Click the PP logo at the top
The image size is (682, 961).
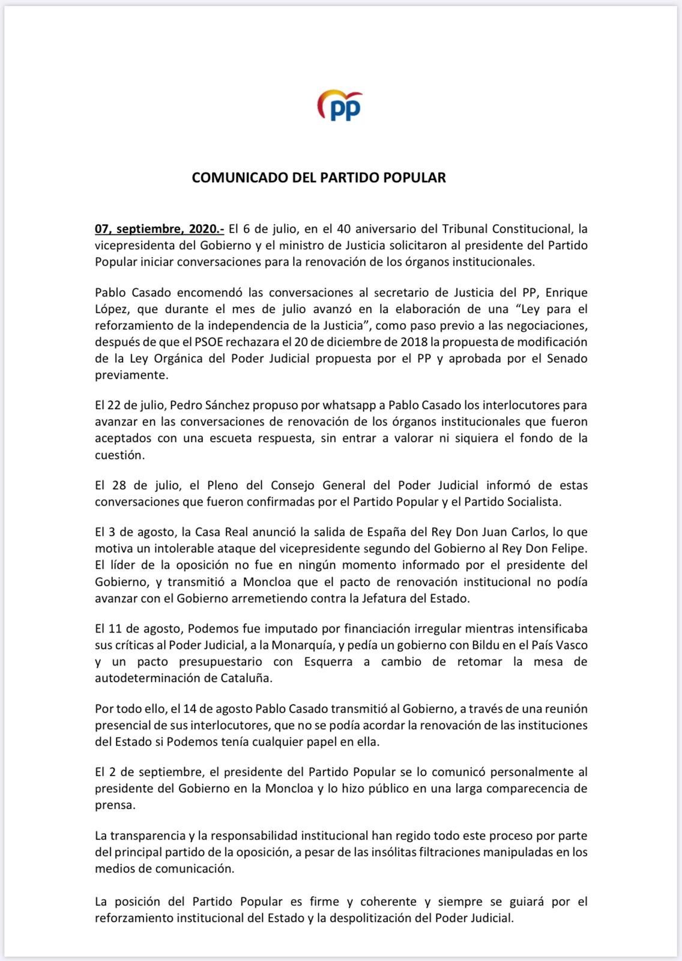(340, 106)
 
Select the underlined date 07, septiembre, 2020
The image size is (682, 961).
(159, 229)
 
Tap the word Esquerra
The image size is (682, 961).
(328, 662)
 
